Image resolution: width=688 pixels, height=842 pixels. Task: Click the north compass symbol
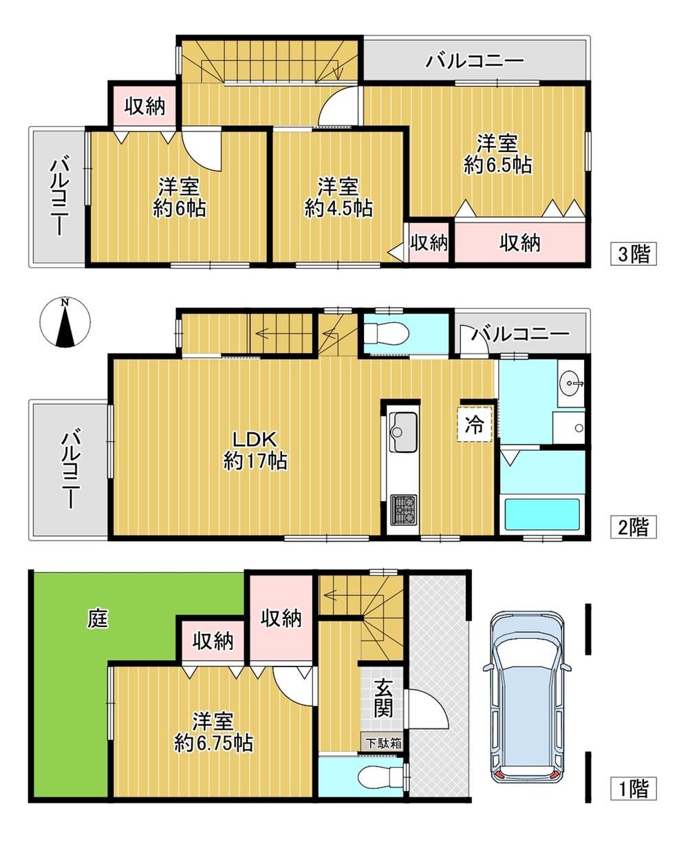pyautogui.click(x=65, y=322)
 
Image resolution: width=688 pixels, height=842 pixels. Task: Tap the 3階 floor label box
pyautogui.click(x=634, y=253)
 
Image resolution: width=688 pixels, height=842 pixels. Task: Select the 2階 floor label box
pyautogui.click(x=634, y=527)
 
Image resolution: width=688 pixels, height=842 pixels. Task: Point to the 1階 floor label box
pyautogui.click(x=634, y=788)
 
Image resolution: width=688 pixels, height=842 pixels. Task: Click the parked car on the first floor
pyautogui.click(x=527, y=695)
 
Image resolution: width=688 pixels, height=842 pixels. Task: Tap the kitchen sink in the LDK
pyautogui.click(x=404, y=432)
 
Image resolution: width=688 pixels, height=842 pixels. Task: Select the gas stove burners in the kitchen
pyautogui.click(x=404, y=510)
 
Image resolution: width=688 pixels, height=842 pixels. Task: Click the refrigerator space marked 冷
pyautogui.click(x=475, y=424)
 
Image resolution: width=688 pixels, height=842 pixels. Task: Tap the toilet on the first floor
pyautogui.click(x=381, y=777)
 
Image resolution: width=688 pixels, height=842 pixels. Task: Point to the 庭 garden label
pyautogui.click(x=98, y=618)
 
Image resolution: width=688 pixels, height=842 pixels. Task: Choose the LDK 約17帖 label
pyautogui.click(x=255, y=450)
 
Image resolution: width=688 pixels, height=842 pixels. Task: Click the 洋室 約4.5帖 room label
pyautogui.click(x=338, y=198)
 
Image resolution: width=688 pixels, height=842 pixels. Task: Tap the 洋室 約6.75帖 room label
pyautogui.click(x=213, y=733)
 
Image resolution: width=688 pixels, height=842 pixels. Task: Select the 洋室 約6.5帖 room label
pyautogui.click(x=497, y=154)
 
